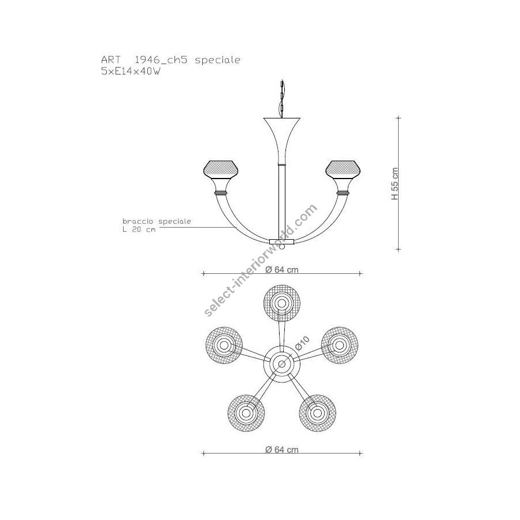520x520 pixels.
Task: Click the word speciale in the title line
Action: click(x=217, y=60)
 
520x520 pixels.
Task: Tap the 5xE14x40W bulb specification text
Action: click(x=131, y=71)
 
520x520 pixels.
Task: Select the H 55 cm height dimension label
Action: click(x=395, y=183)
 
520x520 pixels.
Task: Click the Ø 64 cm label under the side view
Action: click(x=282, y=270)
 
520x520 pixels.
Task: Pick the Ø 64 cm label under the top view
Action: click(x=282, y=450)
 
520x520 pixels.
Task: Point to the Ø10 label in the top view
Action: click(x=302, y=343)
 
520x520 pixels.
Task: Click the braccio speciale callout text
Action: click(x=157, y=221)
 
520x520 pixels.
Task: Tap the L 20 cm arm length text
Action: click(x=139, y=229)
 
